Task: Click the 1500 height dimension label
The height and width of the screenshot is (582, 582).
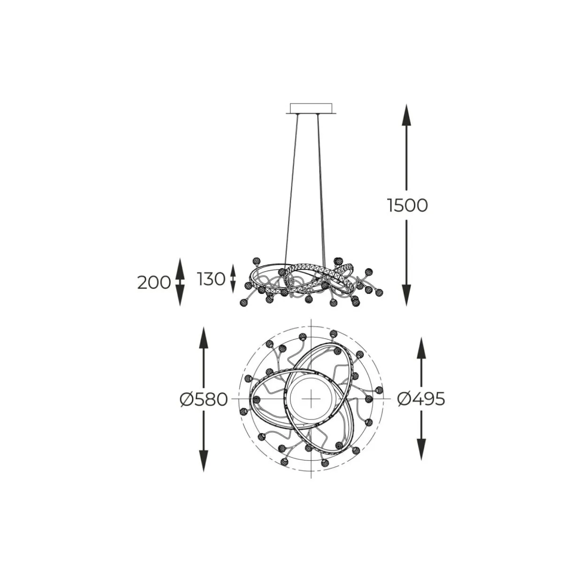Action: pos(407,206)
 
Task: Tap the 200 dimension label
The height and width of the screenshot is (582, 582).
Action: pos(154,283)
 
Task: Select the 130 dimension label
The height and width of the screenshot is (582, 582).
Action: pos(211,279)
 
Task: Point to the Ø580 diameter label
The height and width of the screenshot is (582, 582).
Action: pos(203,399)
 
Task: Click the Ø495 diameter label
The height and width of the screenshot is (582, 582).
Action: pos(421,399)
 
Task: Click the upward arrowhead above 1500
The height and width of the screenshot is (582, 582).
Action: pos(406,115)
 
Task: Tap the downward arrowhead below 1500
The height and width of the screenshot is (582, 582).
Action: pos(406,295)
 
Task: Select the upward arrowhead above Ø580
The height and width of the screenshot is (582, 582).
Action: pos(204,337)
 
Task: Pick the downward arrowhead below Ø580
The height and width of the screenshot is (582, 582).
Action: pos(204,460)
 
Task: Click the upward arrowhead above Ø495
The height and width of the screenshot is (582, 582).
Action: pos(421,348)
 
